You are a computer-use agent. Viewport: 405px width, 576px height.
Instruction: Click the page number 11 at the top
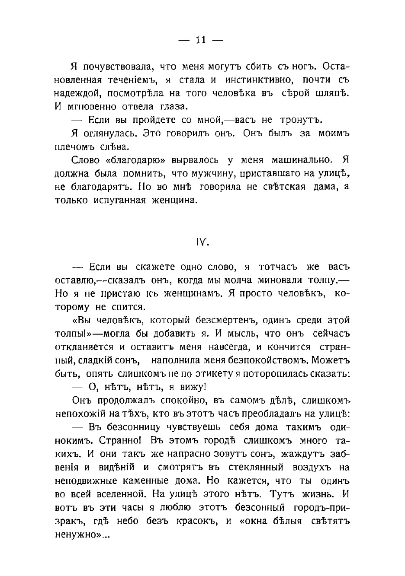click(201, 40)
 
